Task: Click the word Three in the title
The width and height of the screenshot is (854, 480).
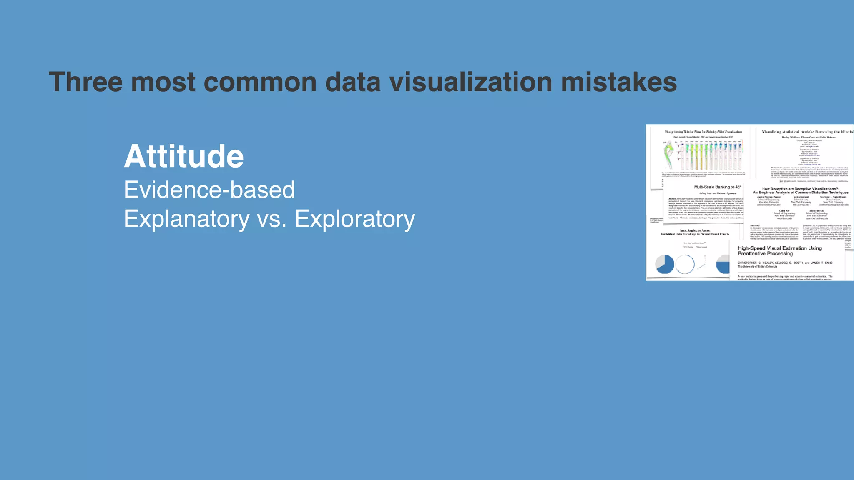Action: pos(85,82)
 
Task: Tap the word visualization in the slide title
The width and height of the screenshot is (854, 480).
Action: pos(471,82)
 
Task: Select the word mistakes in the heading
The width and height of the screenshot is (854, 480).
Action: pos(619,82)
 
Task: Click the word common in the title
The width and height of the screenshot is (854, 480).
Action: pos(260,82)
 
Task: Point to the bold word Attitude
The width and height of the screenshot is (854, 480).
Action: pos(184,156)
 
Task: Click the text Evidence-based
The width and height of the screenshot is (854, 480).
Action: pos(209,190)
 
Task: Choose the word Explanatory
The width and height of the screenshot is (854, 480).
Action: pos(186,219)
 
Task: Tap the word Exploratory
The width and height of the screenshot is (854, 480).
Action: pos(355,219)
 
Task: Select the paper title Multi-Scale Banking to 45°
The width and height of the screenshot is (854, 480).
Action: pos(717,187)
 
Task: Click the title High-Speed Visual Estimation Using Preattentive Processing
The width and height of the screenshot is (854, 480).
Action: pos(779,250)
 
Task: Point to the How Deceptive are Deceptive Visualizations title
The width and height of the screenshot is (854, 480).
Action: pos(800,190)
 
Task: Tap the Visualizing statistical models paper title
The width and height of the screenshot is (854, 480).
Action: pos(807,132)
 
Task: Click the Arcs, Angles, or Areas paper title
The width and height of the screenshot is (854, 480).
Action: pos(695,232)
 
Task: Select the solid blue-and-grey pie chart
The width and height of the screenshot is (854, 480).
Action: pos(665,264)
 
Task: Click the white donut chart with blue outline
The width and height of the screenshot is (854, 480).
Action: pos(685,264)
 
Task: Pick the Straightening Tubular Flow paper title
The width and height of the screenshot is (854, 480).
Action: pos(703,132)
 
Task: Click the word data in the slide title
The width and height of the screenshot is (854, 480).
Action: pos(353,82)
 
